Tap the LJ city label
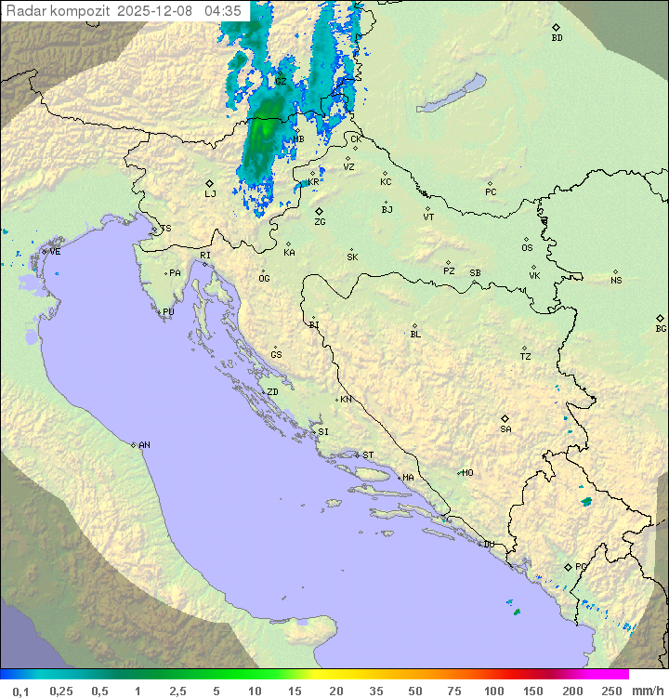(x=210, y=194)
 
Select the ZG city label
(x=320, y=222)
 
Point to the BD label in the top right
(x=557, y=38)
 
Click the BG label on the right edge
(x=661, y=328)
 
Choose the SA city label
(x=505, y=429)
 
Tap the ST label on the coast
(x=368, y=455)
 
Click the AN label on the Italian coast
(x=144, y=445)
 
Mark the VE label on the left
(x=55, y=252)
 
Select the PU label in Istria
(x=168, y=312)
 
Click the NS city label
(x=616, y=281)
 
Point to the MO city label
(x=467, y=473)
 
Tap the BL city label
(x=415, y=334)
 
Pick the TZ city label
(x=526, y=357)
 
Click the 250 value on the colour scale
(x=611, y=691)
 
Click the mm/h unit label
(x=647, y=691)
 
